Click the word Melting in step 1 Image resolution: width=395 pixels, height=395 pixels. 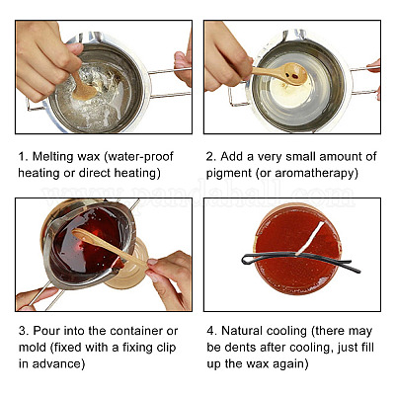(52, 156)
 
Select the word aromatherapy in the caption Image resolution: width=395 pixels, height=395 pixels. (316, 173)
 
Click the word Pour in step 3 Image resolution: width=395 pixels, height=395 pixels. (45, 331)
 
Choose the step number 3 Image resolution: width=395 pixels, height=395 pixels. (23, 331)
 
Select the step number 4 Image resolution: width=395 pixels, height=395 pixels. (211, 331)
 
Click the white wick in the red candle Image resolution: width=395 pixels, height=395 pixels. (310, 238)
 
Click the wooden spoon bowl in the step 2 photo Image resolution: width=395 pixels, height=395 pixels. (294, 73)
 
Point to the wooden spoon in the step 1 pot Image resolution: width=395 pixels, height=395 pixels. (82, 87)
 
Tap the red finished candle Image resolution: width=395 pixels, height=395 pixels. (297, 249)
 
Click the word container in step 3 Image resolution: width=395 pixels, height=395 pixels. (136, 331)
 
